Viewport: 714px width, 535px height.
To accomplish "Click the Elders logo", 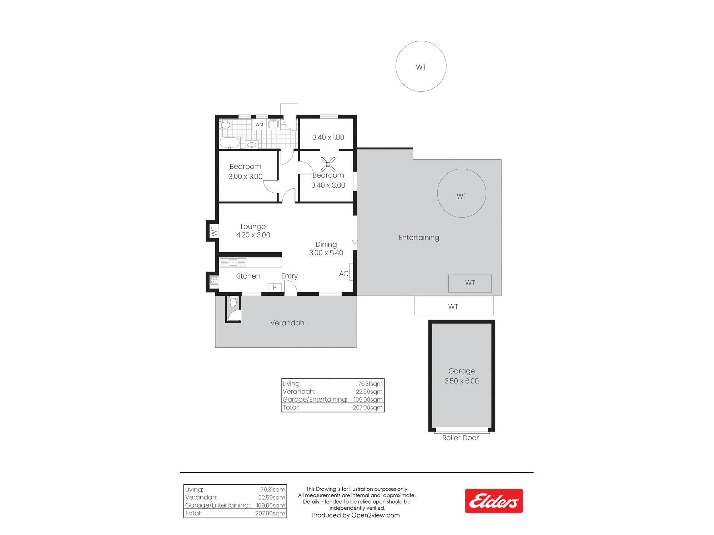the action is pyautogui.click(x=494, y=501).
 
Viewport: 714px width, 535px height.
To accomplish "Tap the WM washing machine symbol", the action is pyautogui.click(x=259, y=124).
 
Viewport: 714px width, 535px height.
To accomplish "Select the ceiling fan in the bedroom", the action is pyautogui.click(x=328, y=164).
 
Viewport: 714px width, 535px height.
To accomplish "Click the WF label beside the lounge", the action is pyautogui.click(x=214, y=231).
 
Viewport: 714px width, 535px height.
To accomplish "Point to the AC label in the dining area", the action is pyautogui.click(x=344, y=274).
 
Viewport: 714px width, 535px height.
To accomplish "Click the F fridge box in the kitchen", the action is pyautogui.click(x=275, y=287).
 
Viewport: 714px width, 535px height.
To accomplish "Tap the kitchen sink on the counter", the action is pyautogui.click(x=233, y=263).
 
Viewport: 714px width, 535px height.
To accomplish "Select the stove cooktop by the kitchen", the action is pyautogui.click(x=214, y=280).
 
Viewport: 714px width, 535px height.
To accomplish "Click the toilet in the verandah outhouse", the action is pyautogui.click(x=233, y=302).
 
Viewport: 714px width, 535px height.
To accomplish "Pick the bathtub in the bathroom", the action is pyautogui.click(x=230, y=143).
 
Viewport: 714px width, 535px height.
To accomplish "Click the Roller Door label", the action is pyautogui.click(x=461, y=438).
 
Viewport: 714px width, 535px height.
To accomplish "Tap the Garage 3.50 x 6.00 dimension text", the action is pyautogui.click(x=462, y=376).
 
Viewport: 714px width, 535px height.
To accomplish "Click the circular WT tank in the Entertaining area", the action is pyautogui.click(x=462, y=193).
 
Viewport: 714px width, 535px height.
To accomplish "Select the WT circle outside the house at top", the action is pyautogui.click(x=421, y=66).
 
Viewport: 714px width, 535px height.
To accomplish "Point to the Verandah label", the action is pyautogui.click(x=287, y=323).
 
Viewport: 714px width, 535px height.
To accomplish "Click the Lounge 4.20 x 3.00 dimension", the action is pyautogui.click(x=253, y=231).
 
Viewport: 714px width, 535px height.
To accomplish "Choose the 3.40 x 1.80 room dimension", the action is pyautogui.click(x=328, y=137).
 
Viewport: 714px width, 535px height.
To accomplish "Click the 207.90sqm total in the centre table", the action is pyautogui.click(x=367, y=407).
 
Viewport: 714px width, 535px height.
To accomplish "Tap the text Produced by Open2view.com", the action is pyautogui.click(x=356, y=515).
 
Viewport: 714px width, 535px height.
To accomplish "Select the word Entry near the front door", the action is pyautogui.click(x=290, y=276).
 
